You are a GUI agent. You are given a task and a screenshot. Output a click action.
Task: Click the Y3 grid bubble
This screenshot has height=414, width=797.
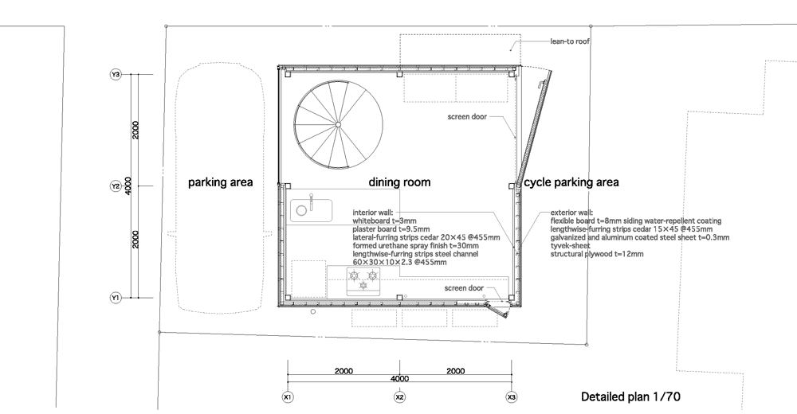tap(116, 75)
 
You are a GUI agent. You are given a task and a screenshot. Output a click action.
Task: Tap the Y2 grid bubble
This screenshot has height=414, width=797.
tap(116, 186)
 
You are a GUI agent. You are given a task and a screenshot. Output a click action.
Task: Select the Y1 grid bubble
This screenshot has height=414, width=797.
tap(116, 298)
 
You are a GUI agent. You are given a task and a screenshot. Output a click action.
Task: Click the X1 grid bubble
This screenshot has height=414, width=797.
tap(288, 396)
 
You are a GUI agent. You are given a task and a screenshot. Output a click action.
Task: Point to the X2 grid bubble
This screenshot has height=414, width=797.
tap(399, 396)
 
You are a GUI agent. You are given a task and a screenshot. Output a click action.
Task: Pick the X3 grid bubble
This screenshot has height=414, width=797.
tap(512, 396)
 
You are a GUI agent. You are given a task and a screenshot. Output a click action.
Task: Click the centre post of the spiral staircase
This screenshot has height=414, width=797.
tap(338, 124)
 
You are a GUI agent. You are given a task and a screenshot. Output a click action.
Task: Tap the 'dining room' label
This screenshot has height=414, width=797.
tap(399, 182)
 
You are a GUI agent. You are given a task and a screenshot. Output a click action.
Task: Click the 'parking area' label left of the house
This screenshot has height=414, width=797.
tap(220, 182)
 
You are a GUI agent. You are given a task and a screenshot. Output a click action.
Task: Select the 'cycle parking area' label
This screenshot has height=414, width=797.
tap(571, 182)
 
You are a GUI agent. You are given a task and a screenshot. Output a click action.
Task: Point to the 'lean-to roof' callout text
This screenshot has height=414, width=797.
tap(570, 41)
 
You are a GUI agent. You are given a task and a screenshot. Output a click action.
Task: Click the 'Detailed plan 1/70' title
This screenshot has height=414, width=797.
tap(630, 396)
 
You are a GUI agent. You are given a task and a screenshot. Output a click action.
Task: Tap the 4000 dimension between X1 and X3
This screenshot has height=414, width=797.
tap(399, 378)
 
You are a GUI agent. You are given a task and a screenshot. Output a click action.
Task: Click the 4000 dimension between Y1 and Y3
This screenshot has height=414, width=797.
tap(128, 186)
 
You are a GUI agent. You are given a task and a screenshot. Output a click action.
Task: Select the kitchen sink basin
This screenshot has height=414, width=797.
tap(311, 210)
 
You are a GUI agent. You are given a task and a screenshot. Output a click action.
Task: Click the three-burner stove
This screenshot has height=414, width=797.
tap(363, 281)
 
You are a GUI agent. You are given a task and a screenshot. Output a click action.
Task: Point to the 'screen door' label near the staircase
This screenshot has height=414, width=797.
tap(467, 117)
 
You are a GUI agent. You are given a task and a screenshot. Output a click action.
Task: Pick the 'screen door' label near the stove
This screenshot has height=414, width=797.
tap(464, 288)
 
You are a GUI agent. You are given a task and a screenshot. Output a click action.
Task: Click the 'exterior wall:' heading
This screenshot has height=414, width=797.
tap(571, 213)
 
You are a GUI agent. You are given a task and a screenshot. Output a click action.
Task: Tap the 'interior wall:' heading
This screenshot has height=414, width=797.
tap(372, 213)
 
